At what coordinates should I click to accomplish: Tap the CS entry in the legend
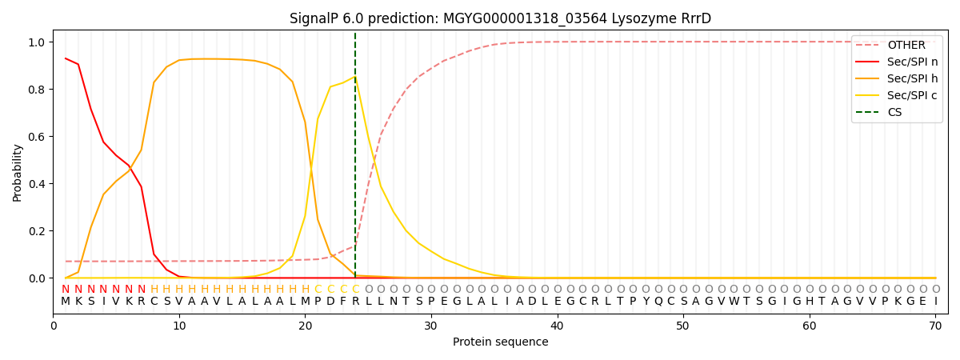(x=894, y=112)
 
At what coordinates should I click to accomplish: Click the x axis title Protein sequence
(x=501, y=342)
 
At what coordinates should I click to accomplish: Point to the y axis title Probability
(x=18, y=172)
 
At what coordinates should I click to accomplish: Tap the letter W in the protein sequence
(x=734, y=301)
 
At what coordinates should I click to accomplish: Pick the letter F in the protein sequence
(x=343, y=301)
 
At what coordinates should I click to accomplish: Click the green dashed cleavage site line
(x=355, y=160)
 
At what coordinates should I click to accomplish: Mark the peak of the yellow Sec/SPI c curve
(x=355, y=76)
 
